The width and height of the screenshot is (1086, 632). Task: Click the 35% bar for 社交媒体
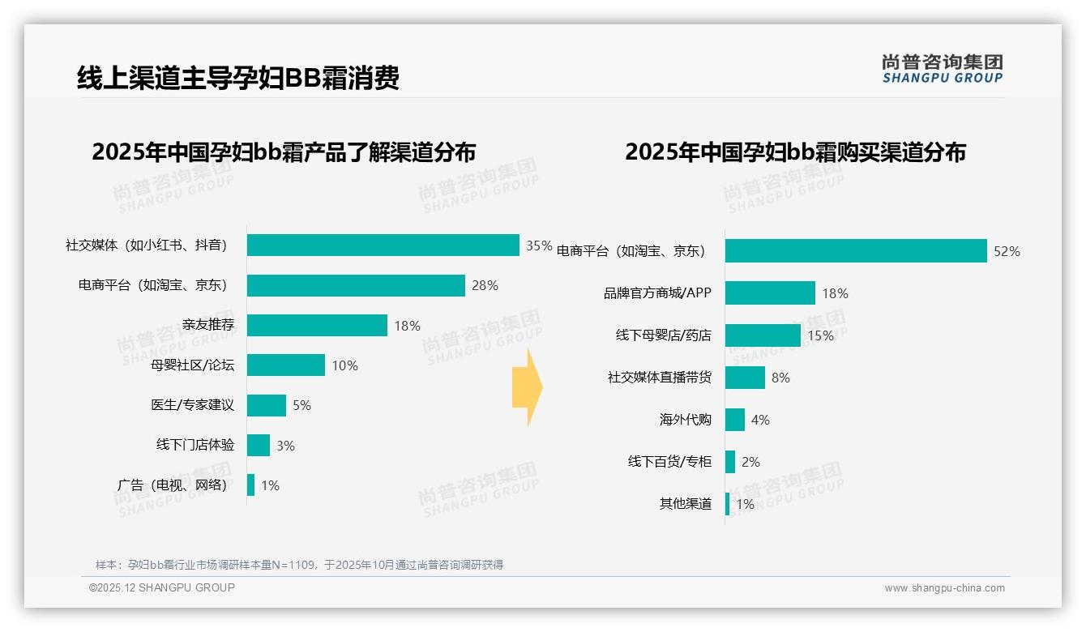coord(383,246)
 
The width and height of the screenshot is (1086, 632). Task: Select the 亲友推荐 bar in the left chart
coord(317,326)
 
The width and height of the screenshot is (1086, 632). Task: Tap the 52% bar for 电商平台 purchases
coord(855,251)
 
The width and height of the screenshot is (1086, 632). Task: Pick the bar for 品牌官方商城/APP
coord(770,293)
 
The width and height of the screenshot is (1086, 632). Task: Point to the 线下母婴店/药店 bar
coord(763,335)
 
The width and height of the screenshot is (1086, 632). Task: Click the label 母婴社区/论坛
coord(192,365)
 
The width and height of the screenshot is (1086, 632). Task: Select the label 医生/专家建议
coord(192,405)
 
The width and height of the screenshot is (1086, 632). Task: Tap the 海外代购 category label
coord(685,420)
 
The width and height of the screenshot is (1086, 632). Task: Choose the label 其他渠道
coord(685,504)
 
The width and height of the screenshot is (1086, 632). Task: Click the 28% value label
coord(485,286)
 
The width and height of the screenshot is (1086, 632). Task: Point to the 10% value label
coord(344,366)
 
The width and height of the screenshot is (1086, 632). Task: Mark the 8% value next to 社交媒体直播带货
coord(780,378)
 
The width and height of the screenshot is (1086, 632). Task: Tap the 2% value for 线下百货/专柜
coord(750,463)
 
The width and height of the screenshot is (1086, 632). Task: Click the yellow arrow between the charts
coord(527,388)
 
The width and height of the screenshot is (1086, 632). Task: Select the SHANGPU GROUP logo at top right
coord(942,69)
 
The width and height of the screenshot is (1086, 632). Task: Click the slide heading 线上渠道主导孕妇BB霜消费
coord(237,78)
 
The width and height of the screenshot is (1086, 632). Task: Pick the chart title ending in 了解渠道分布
coord(284,152)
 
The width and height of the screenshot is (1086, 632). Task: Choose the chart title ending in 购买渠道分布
coord(795,152)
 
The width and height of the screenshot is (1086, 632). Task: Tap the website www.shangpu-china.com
coord(944,588)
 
